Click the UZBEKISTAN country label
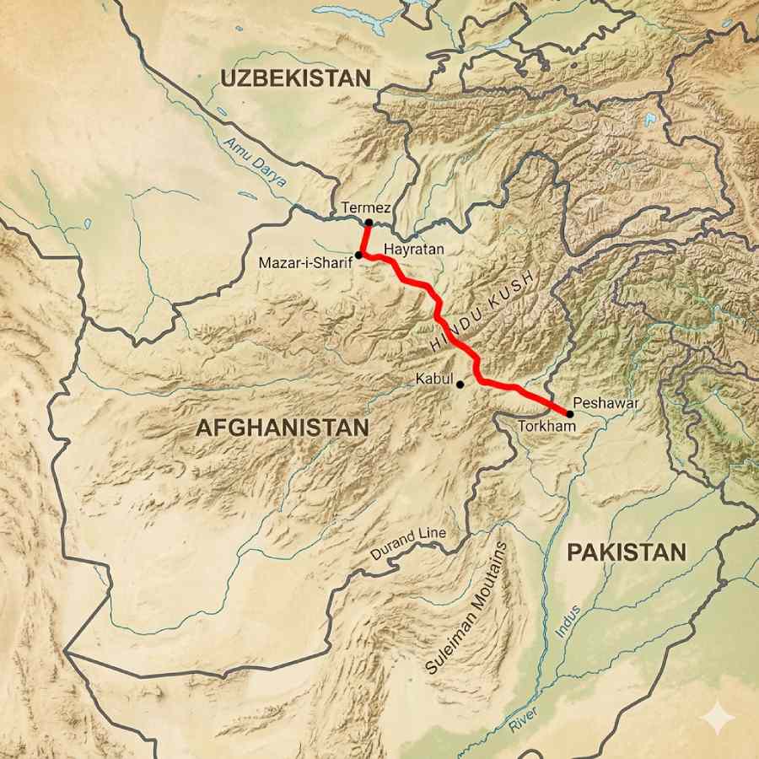[x=295, y=78]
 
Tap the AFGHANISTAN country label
[x=282, y=428]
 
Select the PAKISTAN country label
[x=626, y=552]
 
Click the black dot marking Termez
[x=369, y=223]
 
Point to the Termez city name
[x=363, y=207]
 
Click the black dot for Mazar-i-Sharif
[x=358, y=255]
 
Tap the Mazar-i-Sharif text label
[x=305, y=263]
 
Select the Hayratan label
[x=413, y=250]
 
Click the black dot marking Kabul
[x=460, y=385]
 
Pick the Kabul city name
[x=435, y=379]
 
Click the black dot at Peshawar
[x=570, y=414]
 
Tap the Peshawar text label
[x=606, y=403]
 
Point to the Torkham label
[x=546, y=427]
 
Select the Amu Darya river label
[x=256, y=161]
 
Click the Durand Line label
[x=408, y=544]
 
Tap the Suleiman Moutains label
[x=468, y=607]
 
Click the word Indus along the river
[x=568, y=622]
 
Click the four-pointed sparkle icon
[x=719, y=719]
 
